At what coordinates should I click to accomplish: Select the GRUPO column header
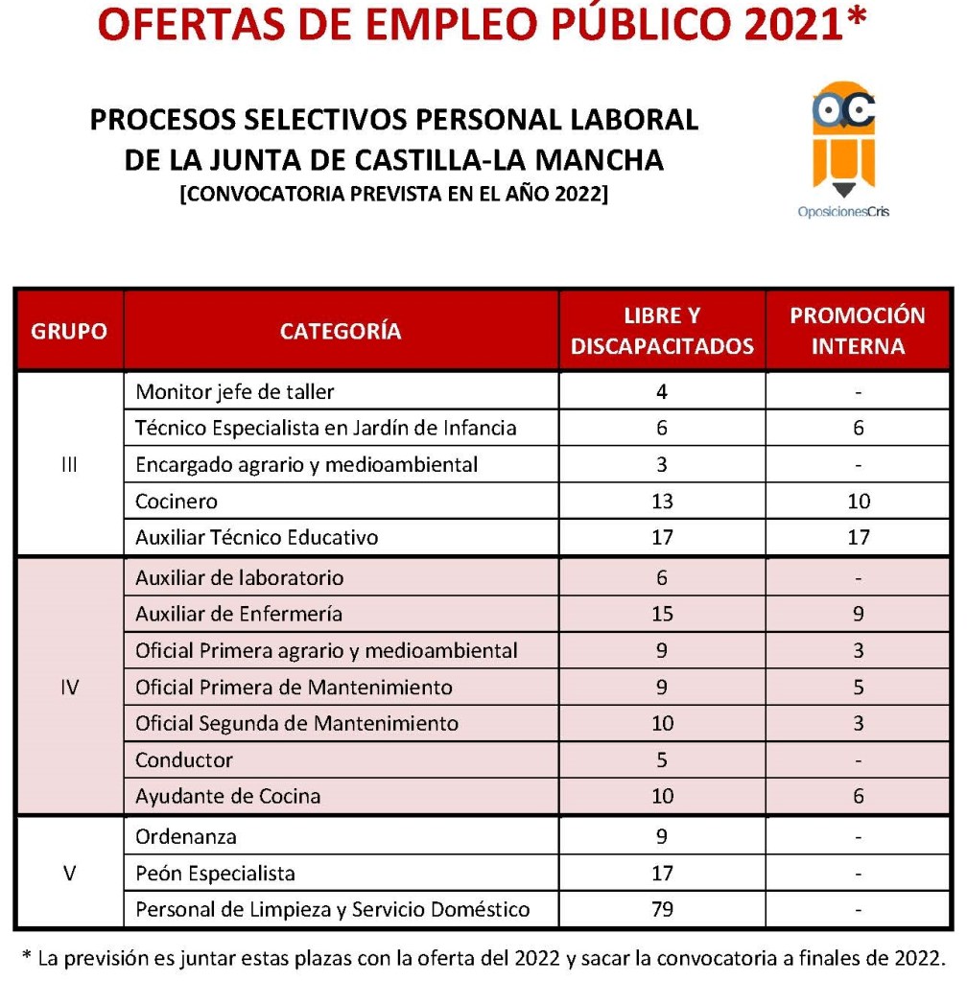[x=69, y=332]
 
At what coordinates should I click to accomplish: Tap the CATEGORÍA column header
[x=341, y=332]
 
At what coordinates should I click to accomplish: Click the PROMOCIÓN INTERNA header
[x=858, y=332]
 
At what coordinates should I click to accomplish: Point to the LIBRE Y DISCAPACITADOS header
[x=662, y=332]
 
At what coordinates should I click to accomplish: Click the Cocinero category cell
[x=177, y=502]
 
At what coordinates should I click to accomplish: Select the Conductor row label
[x=184, y=760]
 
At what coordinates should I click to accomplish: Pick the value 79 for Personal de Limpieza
[x=662, y=909]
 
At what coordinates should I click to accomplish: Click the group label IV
[x=69, y=688]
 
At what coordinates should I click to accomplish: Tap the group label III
[x=69, y=465]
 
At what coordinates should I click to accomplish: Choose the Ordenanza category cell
[x=187, y=837]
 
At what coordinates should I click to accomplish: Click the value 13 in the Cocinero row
[x=662, y=502]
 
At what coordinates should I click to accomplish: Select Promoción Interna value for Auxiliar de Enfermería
[x=858, y=615]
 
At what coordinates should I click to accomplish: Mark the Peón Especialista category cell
[x=216, y=874]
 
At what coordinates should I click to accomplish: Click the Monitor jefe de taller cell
[x=235, y=392]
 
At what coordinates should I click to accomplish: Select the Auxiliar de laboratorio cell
[x=240, y=578]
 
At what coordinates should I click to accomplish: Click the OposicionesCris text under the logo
[x=843, y=212]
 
